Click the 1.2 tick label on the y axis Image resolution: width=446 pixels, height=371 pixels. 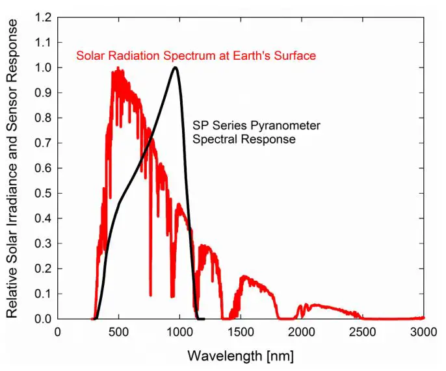coord(43,18)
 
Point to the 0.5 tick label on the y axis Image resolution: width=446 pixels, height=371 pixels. coord(43,194)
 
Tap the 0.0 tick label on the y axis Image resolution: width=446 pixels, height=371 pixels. coord(43,320)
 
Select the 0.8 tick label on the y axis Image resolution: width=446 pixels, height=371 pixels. coord(43,118)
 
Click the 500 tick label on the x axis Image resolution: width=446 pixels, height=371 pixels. coord(118,332)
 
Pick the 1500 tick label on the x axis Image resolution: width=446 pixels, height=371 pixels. coord(241,332)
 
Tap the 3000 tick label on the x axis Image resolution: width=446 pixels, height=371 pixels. coord(423,332)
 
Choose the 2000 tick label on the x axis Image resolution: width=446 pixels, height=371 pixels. coord(302,332)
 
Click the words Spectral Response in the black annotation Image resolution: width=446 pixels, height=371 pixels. coord(244,139)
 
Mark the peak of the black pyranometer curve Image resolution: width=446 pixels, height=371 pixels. coord(174,68)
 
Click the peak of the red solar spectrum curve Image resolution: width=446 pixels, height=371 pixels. coord(118,68)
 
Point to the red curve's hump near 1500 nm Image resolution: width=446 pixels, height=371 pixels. coord(246,277)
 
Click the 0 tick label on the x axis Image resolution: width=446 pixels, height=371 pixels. coord(58,332)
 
